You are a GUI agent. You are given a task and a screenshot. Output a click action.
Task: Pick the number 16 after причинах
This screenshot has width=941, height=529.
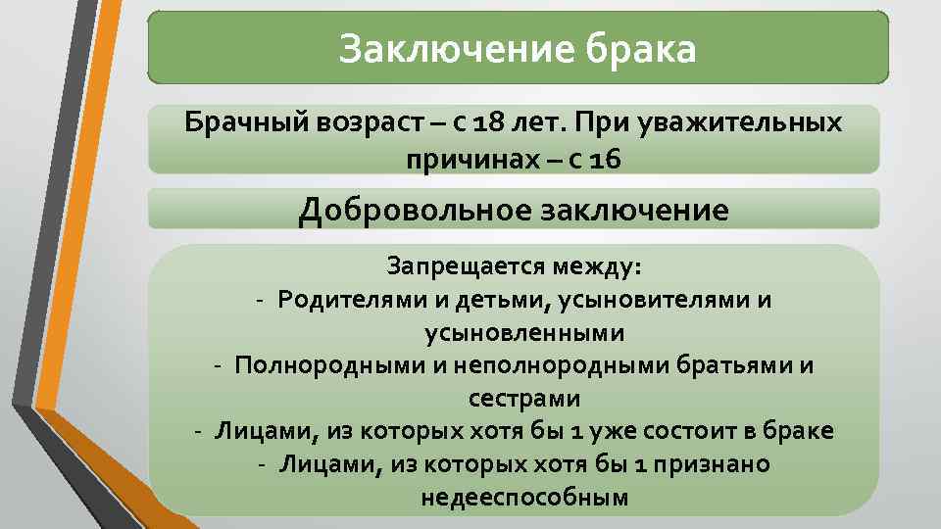606,158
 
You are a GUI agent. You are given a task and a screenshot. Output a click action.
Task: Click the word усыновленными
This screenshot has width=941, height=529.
523,333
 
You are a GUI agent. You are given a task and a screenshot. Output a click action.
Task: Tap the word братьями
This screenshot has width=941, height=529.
749,366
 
